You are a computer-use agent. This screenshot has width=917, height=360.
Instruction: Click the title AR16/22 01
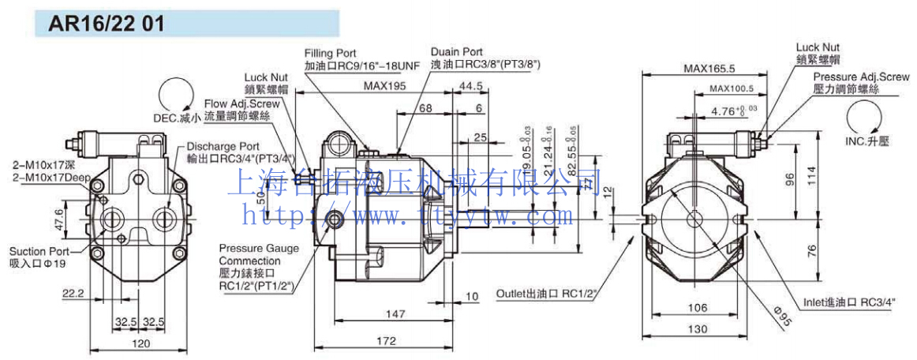[107, 24]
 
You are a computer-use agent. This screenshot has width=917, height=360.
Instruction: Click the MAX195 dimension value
[385, 86]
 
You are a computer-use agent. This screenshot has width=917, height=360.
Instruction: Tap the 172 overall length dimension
[386, 341]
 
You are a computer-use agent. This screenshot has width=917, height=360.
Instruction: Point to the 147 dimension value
[386, 314]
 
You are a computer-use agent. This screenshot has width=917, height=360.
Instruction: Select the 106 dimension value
[695, 308]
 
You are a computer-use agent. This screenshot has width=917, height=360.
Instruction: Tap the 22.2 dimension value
[73, 293]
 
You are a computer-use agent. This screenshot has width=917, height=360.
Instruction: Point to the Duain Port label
[457, 52]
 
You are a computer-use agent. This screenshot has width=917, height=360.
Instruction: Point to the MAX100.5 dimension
[732, 88]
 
